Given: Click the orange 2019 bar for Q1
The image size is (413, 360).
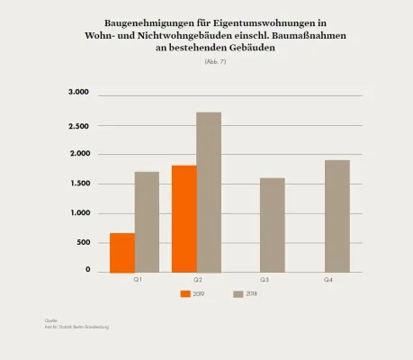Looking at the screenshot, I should pos(122,252).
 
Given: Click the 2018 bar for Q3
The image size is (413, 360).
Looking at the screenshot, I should pos(272,224).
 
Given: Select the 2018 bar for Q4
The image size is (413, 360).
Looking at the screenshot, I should pos(337,215).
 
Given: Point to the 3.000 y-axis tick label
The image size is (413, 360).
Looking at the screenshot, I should pos(79,93).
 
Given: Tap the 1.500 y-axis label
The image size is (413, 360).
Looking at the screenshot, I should pos(79,184).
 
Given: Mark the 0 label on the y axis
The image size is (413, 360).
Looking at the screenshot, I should pos(88,269).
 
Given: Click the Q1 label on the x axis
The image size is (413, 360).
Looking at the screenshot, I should pos(138,281).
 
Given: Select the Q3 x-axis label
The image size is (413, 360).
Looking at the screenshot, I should pos(265,281).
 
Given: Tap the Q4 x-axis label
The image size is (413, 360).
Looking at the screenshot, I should pos(330,281).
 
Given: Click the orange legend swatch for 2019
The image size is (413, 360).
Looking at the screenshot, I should pos(186,293).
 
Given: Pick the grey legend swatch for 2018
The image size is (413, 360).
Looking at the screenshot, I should pos(238,293).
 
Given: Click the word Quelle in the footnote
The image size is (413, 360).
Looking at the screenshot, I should pos(50,320).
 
